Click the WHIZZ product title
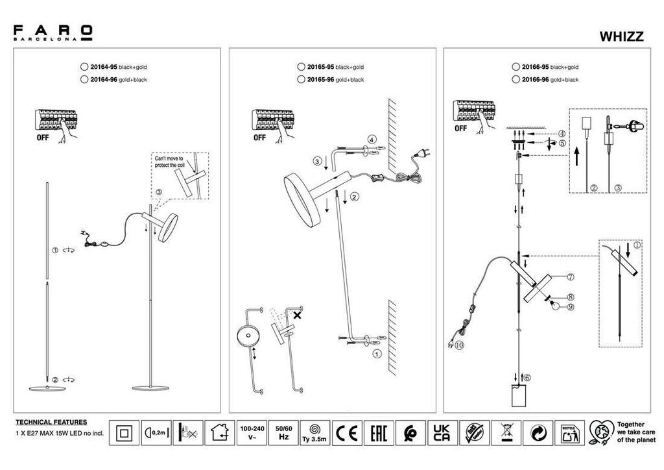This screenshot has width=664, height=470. coord(621,37)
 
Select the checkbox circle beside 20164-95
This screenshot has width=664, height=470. coord(83,67)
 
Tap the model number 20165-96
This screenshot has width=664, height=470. coord(320,80)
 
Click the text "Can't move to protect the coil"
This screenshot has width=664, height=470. coord(170,162)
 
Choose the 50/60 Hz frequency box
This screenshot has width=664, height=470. coord(283,432)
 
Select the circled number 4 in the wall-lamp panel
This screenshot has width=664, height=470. coord(371,139)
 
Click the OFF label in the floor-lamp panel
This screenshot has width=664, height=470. coord(41,138)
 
